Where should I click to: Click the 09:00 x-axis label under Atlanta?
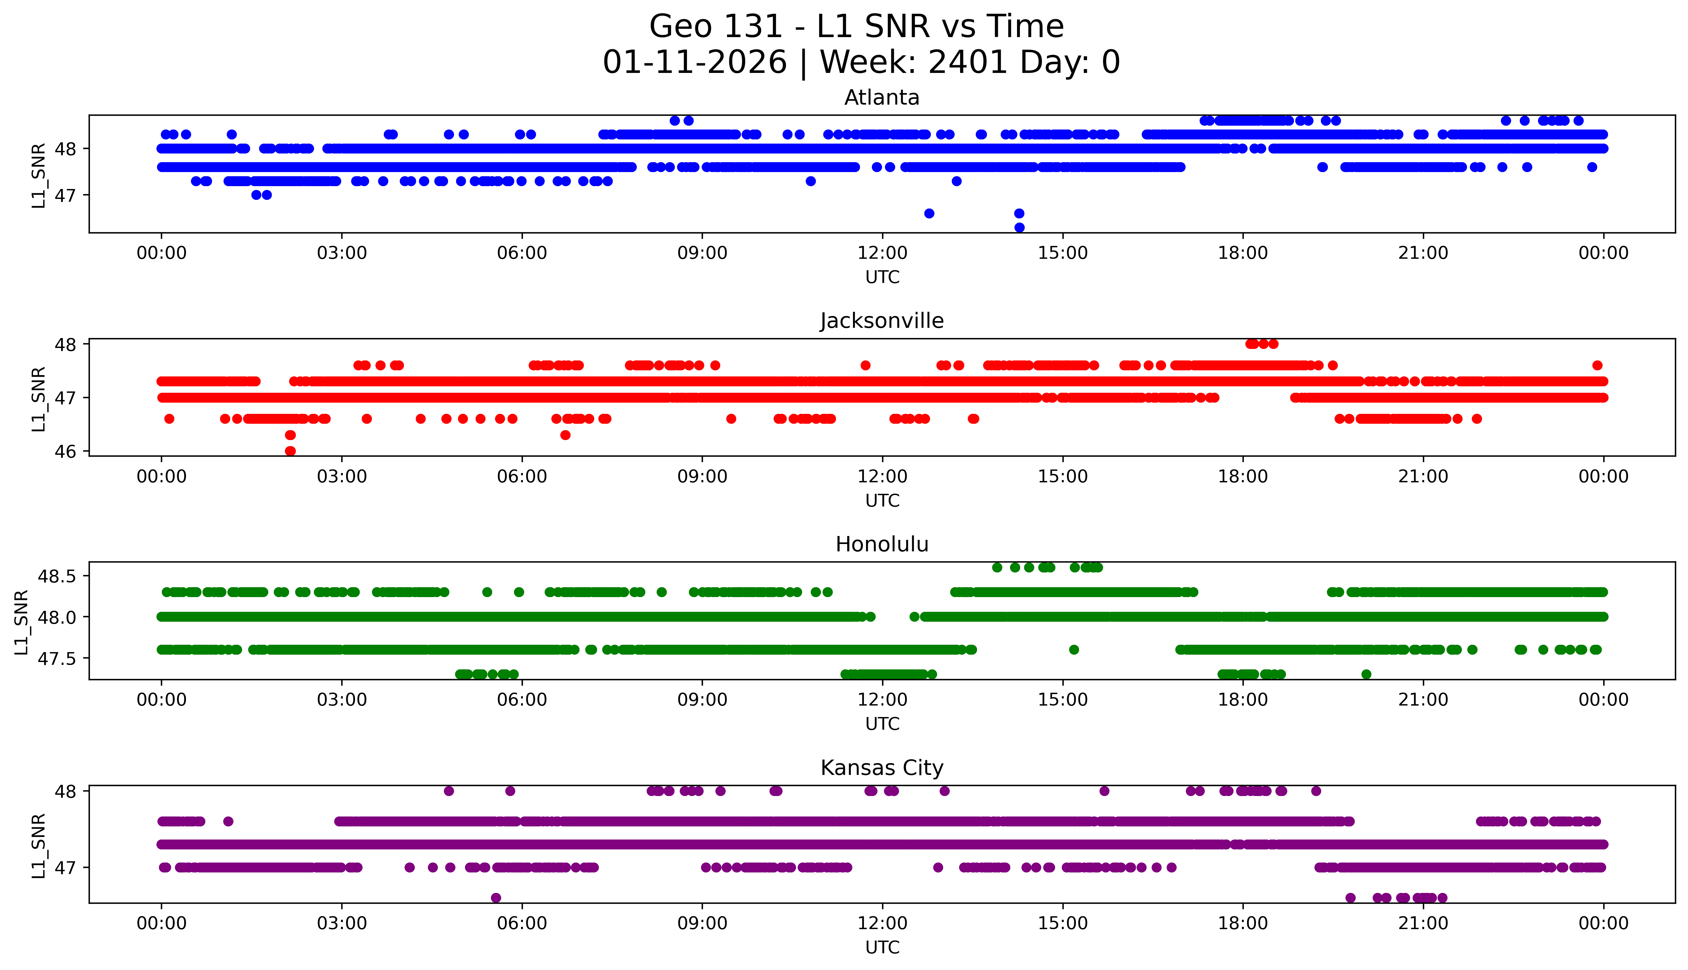(x=702, y=253)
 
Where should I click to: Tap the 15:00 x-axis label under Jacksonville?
(x=1062, y=476)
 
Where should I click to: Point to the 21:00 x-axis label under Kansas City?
(x=1423, y=923)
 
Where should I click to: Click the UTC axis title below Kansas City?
(x=882, y=947)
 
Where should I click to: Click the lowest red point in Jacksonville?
(x=290, y=451)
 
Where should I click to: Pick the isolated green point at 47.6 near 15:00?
(x=1073, y=650)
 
